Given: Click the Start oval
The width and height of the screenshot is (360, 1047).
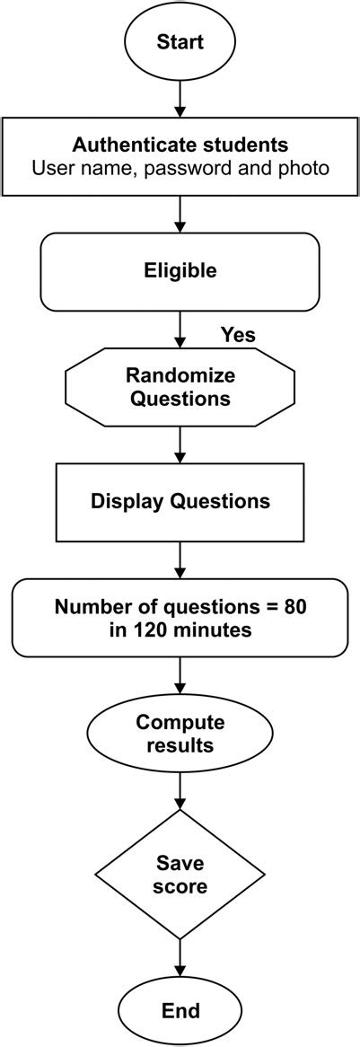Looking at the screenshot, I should [x=180, y=41].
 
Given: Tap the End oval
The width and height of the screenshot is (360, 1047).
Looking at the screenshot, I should [x=180, y=1010].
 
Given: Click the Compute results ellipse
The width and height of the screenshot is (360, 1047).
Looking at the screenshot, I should [x=180, y=734].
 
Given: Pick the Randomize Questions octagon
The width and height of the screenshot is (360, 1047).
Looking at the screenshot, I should [x=180, y=386].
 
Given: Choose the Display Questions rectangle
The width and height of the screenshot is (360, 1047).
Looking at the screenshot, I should [x=180, y=501].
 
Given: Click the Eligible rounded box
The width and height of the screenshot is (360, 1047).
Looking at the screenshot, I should [x=180, y=270].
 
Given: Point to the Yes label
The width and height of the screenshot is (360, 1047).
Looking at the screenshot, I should [x=238, y=335].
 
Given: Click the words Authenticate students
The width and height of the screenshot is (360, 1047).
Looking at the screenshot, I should [x=180, y=145].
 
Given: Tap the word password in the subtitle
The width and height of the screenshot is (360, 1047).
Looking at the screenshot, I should [x=212, y=167].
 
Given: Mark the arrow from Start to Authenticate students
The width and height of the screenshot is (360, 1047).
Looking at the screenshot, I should [x=180, y=98].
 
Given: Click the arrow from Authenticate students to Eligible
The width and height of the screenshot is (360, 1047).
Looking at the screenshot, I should [x=180, y=214].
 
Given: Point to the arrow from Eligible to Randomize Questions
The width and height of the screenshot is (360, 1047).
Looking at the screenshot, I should [x=180, y=329].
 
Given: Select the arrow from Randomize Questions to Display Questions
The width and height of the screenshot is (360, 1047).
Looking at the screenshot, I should [x=180, y=444].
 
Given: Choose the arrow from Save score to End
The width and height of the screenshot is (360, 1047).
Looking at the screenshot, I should [x=180, y=958].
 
